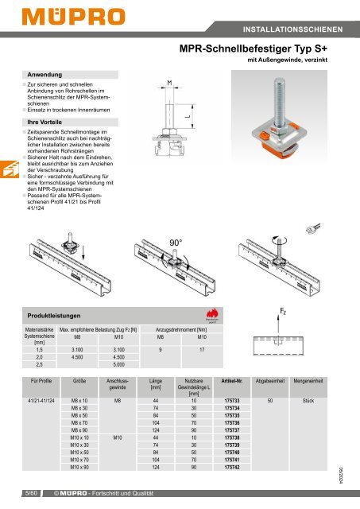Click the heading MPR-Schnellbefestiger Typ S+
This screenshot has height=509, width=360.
261,49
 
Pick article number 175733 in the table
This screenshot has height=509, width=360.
232,400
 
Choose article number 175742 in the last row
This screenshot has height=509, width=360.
232,467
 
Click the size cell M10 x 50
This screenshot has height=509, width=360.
79,452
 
